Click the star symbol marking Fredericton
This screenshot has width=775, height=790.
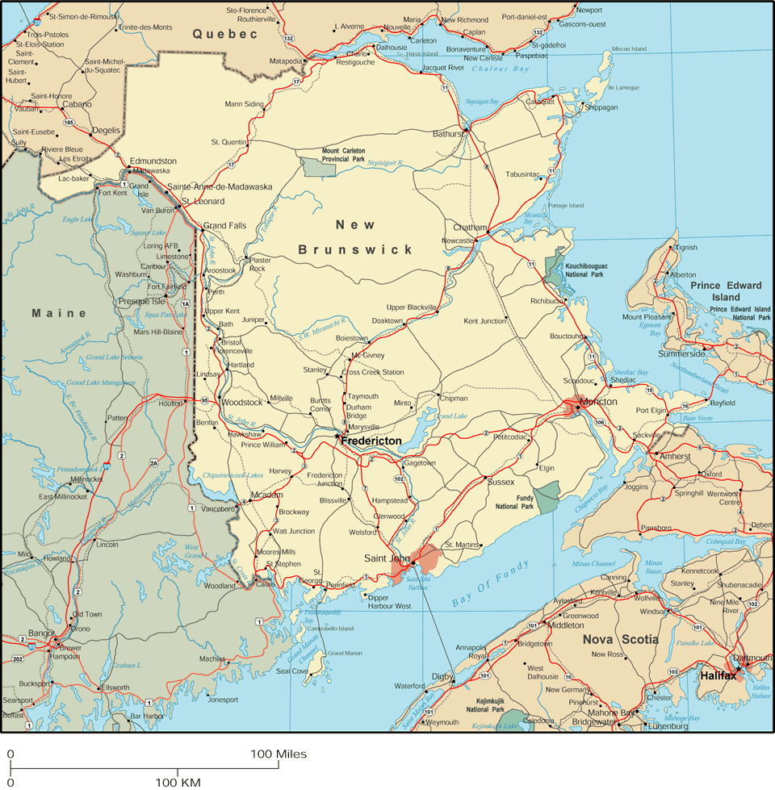[337, 437]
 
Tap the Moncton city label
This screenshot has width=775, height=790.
[599, 402]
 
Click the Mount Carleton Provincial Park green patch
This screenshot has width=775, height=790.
[312, 166]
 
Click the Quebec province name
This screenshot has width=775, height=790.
[224, 34]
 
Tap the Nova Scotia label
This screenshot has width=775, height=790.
[620, 640]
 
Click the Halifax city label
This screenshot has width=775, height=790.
[718, 675]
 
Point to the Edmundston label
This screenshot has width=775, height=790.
[153, 161]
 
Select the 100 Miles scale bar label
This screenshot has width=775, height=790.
[279, 754]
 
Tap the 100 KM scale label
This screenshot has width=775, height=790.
[178, 782]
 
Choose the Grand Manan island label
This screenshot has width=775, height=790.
[344, 653]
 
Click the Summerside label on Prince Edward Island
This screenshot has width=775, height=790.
[681, 353]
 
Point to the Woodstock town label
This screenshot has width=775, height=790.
[242, 402]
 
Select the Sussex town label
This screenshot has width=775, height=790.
[501, 482]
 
